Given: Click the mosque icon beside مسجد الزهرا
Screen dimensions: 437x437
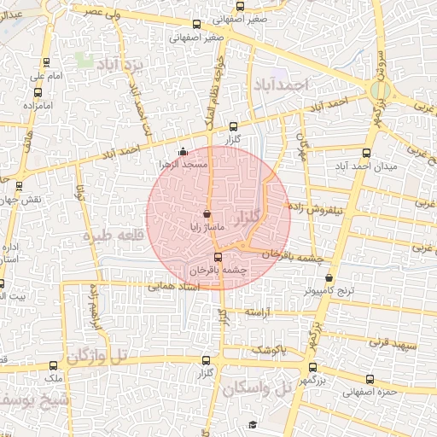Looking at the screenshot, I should pos(181,152).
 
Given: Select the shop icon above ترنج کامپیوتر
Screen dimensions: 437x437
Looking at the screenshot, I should pos(329,278).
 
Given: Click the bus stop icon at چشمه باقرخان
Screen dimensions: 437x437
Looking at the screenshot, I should pos(217,256).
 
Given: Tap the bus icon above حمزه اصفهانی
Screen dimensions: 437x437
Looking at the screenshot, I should pos(370,381).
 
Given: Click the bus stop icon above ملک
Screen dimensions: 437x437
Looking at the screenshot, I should pos(53,365).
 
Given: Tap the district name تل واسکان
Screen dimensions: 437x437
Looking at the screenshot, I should pos(255,388).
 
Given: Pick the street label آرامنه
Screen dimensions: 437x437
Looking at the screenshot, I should pos(263,313).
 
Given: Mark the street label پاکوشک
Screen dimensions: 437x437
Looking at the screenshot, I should pos(268,350).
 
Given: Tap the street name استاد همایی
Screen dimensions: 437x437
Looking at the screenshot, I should pos(174,287).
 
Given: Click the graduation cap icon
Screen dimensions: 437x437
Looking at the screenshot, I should pos(253,424).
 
